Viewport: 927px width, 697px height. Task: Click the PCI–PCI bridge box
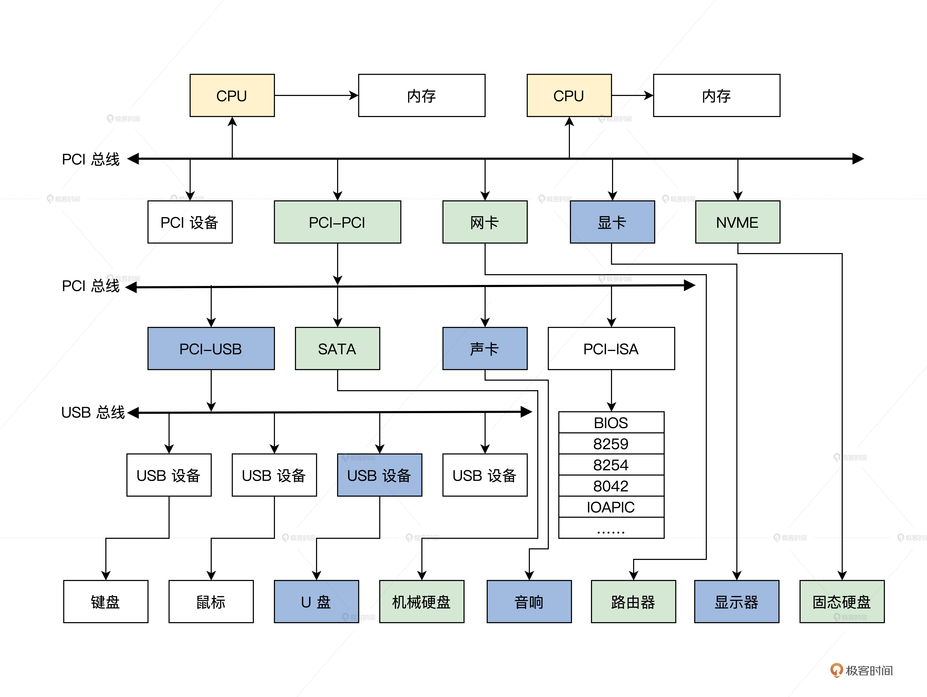click(x=337, y=222)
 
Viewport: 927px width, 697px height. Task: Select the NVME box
click(x=738, y=222)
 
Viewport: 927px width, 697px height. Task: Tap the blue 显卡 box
click(x=612, y=222)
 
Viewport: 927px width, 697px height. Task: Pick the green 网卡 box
click(x=485, y=222)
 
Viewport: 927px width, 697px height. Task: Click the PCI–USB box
click(x=211, y=348)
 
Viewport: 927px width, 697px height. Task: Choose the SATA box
click(x=337, y=348)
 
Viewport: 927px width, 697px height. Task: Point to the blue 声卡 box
click(x=485, y=348)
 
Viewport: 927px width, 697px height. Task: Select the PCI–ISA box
click(x=611, y=348)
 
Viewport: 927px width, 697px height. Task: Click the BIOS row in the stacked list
click(x=611, y=422)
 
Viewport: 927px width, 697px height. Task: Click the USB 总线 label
click(x=93, y=412)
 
